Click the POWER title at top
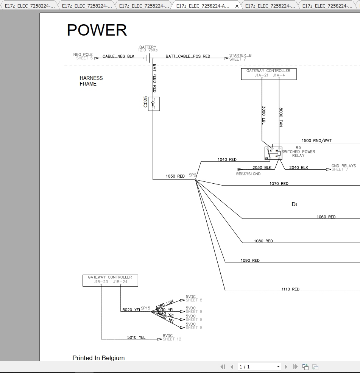coord(97,30)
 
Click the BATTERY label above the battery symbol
coord(148,47)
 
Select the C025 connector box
coord(154,104)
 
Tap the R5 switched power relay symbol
coord(273,153)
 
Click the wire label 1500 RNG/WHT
coord(316,141)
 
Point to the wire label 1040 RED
coord(227,159)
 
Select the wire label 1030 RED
coord(175,176)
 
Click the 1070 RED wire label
coord(279,184)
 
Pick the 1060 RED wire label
coord(326,217)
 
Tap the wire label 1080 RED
coord(263,241)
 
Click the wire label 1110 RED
coord(290,289)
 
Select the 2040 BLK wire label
coord(299,167)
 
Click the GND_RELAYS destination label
coord(344,166)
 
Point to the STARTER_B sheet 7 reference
coord(240,57)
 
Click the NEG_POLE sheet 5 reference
coord(83,56)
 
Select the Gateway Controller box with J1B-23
coord(110,281)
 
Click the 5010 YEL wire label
coord(136,337)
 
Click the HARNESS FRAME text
coord(91,81)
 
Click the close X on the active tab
coord(237,6)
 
